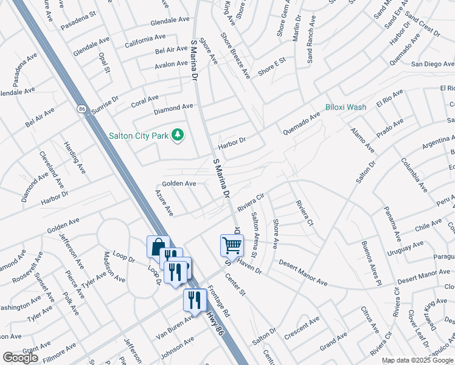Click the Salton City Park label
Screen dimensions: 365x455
(138, 135)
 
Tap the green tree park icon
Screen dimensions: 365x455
(177, 134)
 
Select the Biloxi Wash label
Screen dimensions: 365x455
(346, 107)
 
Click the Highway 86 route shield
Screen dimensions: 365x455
(82, 108)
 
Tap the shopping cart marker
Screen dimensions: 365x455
(232, 245)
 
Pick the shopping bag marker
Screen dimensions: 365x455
(158, 247)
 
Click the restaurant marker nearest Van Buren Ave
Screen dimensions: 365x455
(195, 299)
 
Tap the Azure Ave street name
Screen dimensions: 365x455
(164, 203)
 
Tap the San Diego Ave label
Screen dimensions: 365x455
(432, 63)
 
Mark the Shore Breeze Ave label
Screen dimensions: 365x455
(235, 55)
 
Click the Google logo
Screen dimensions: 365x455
(20, 358)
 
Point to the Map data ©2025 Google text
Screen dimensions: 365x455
(417, 360)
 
